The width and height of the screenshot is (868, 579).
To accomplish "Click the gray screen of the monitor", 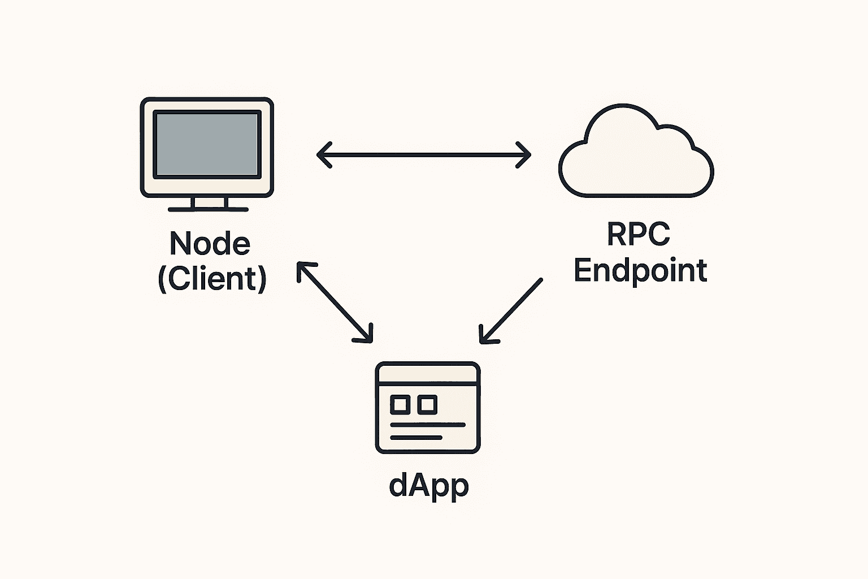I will [207, 144].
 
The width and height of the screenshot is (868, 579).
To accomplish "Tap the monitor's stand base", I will [208, 209].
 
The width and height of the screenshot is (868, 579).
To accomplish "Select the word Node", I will [210, 243].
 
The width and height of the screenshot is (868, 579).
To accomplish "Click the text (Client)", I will [212, 278].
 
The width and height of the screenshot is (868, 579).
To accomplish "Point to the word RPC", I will [639, 234].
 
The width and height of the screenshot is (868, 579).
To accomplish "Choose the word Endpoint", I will [640, 270].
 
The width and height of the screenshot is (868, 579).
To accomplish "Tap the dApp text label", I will [429, 485].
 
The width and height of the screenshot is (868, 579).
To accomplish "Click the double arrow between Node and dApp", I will [335, 303].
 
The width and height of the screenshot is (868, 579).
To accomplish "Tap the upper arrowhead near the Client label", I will [302, 268].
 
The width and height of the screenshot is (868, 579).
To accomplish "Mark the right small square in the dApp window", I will [427, 404].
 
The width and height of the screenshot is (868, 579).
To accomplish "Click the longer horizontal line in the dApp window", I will [428, 424].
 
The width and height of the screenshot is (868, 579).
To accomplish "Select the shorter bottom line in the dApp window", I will [416, 438].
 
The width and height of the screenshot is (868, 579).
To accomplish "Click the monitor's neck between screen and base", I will [208, 202].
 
